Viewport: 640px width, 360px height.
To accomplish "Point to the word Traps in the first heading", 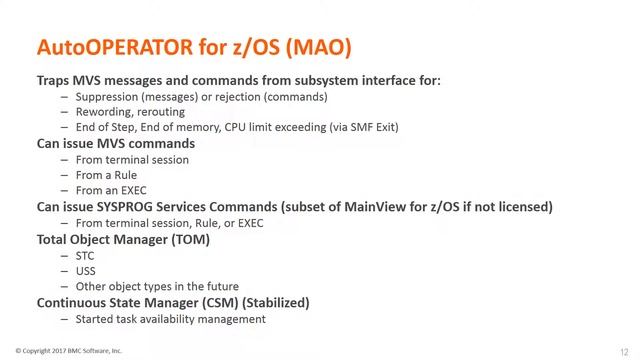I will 56,81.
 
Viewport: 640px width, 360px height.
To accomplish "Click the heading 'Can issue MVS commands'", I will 116,144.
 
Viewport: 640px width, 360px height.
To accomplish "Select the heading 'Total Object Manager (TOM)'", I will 123,239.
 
